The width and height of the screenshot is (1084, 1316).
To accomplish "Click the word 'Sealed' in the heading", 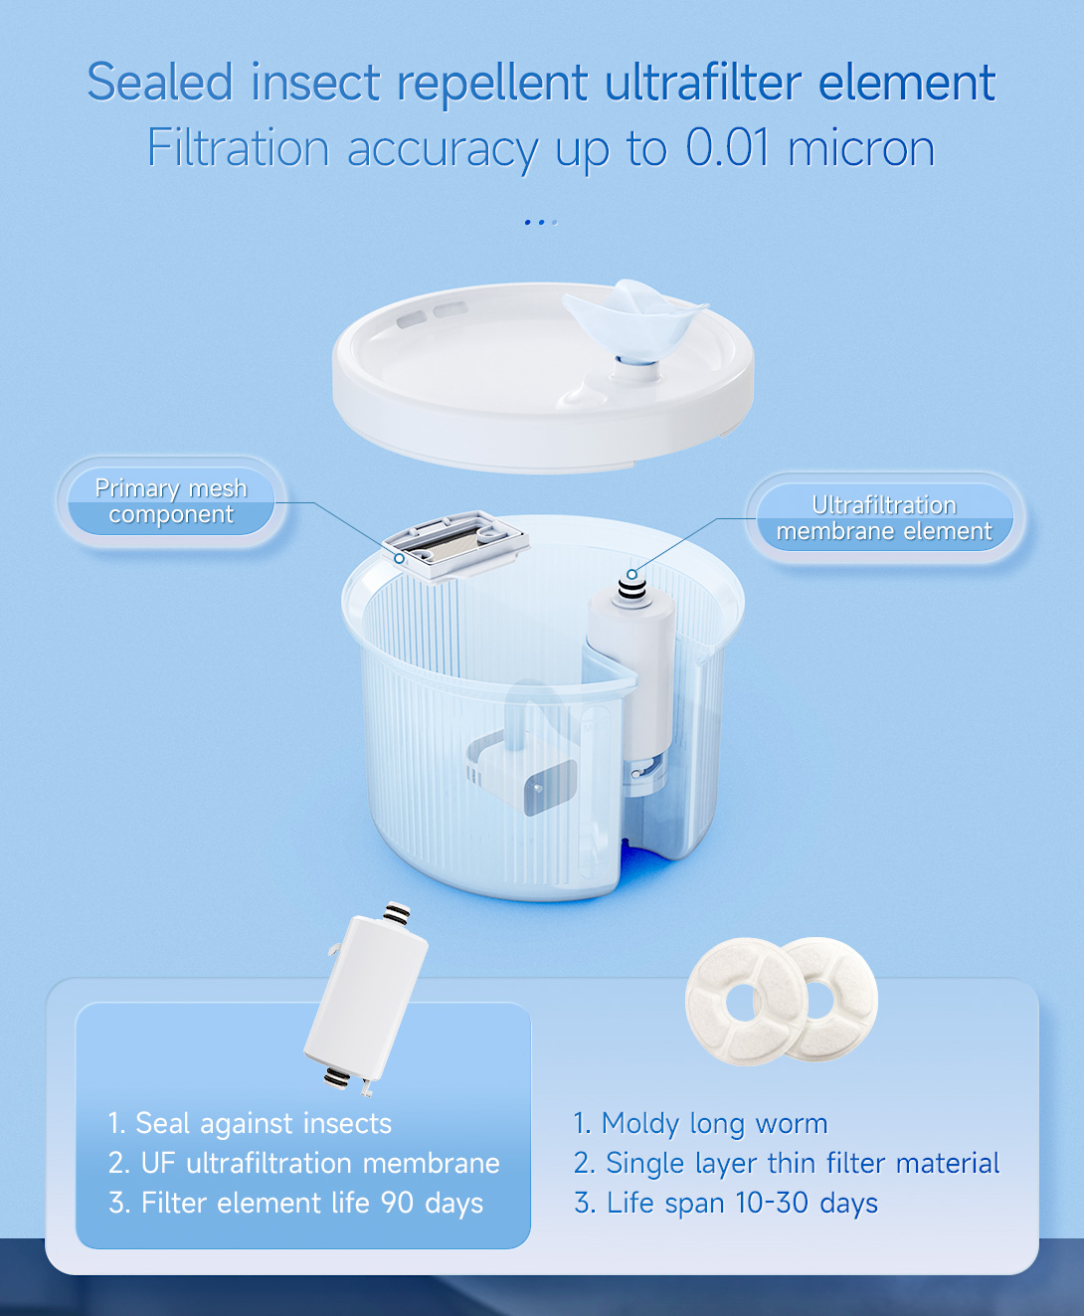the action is click(x=160, y=82).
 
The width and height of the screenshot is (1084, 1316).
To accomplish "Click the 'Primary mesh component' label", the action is click(x=171, y=501).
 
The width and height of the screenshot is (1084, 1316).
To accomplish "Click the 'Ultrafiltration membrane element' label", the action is click(x=884, y=518).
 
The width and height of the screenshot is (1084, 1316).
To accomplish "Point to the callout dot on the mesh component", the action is click(x=399, y=558).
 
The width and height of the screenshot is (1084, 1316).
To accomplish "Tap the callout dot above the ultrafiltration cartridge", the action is click(x=632, y=574).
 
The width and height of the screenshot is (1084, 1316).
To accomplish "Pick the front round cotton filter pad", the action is click(x=746, y=1002).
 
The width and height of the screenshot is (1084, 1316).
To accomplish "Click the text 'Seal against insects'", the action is click(x=264, y=1123).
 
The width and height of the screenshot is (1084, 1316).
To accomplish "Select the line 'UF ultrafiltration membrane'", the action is click(x=320, y=1163).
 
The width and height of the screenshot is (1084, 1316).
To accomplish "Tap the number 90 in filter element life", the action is click(x=397, y=1203).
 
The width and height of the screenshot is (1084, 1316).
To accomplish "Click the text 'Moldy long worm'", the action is click(x=714, y=1123).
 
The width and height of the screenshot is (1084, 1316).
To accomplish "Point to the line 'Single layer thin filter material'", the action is click(x=803, y=1163).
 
